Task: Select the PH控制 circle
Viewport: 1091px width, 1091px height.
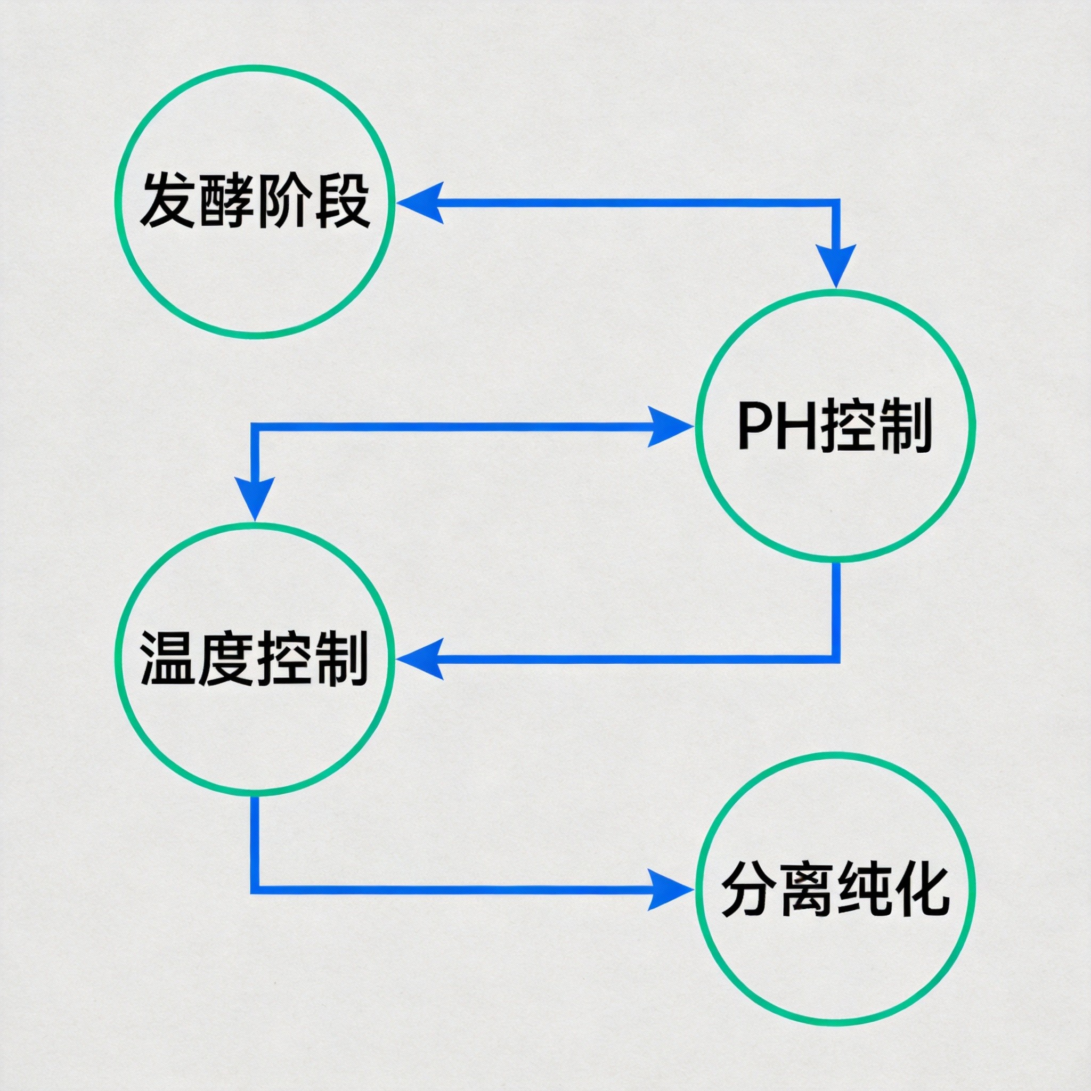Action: coord(835,426)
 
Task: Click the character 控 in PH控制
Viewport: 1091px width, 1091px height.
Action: coord(849,427)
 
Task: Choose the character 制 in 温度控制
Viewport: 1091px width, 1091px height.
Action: coord(341,658)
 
